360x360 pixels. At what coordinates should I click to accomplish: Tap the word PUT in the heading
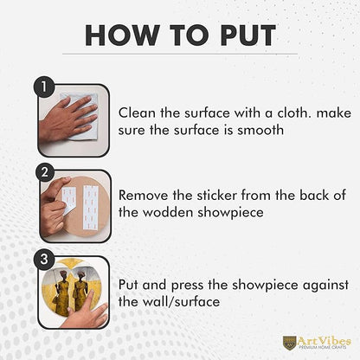tap(248, 35)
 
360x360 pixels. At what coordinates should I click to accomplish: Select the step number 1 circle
tap(44, 87)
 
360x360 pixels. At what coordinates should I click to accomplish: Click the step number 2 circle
tap(44, 172)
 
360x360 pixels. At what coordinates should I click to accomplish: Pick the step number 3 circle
tap(44, 259)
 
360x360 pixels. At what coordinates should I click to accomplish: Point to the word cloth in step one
tap(294, 112)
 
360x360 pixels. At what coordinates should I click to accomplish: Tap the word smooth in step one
tap(260, 130)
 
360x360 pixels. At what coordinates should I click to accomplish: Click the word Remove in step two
tap(144, 196)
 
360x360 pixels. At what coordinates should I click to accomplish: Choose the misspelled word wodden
tap(168, 213)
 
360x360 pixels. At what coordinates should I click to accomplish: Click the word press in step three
tap(188, 286)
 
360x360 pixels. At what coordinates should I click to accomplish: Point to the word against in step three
tap(325, 286)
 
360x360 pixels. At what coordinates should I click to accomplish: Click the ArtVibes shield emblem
tap(289, 342)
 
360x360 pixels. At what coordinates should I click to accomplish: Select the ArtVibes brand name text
tap(325, 341)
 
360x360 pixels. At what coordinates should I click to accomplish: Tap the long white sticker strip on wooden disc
tap(91, 207)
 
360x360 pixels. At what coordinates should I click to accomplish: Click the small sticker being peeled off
tap(68, 200)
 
